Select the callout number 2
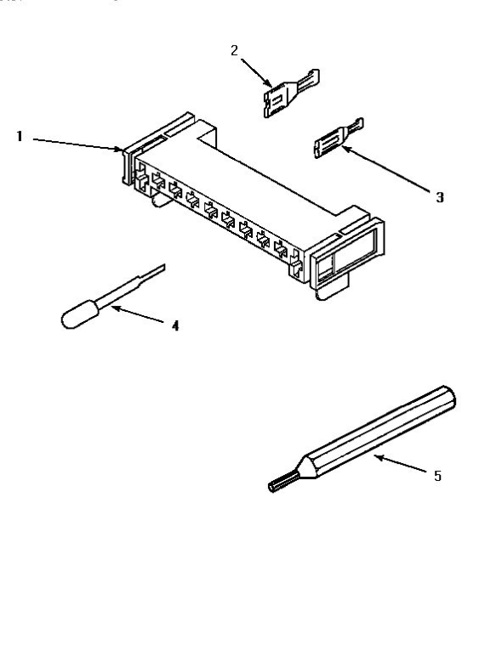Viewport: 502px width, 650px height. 235,49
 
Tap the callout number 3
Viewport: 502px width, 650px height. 439,197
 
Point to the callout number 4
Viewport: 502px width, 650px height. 175,325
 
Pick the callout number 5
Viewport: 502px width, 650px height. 437,476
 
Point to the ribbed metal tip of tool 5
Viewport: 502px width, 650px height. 278,484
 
